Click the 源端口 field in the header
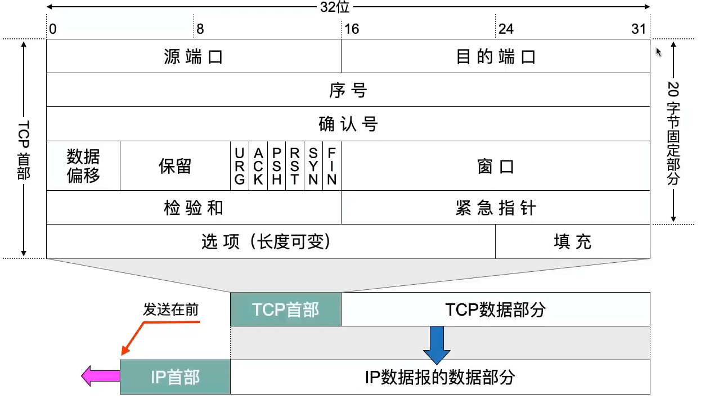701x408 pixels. point(194,56)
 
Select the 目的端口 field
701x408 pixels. point(496,56)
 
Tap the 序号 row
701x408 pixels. point(348,90)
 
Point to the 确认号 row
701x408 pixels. point(348,124)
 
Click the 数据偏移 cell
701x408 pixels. point(83,166)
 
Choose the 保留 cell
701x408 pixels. point(175,166)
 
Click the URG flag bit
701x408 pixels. point(240,166)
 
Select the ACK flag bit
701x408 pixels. point(258,166)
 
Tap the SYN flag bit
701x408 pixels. point(313,166)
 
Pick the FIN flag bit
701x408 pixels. point(332,166)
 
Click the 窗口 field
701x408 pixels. point(496,167)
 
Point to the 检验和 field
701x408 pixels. point(194,208)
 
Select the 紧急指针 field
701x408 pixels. point(496,208)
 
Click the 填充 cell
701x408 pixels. point(572,241)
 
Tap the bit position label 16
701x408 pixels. point(352,29)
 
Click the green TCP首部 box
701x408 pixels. point(286,309)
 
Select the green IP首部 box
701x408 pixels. point(175,376)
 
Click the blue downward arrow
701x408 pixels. point(437,344)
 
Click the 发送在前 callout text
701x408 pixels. point(171,310)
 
